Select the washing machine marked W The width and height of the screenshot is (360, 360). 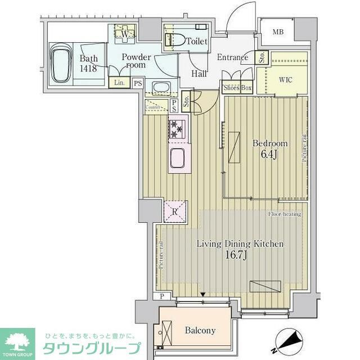click(125, 34)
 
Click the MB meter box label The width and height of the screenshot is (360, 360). click(278, 31)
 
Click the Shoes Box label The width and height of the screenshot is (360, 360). click(237, 88)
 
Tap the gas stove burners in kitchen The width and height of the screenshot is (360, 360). click(177, 129)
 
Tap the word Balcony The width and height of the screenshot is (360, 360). click(200, 331)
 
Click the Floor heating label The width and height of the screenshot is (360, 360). click(284, 214)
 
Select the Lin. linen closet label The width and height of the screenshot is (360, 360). click(119, 83)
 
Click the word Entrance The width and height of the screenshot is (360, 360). click(232, 57)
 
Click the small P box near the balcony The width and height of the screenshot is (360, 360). click(162, 296)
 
